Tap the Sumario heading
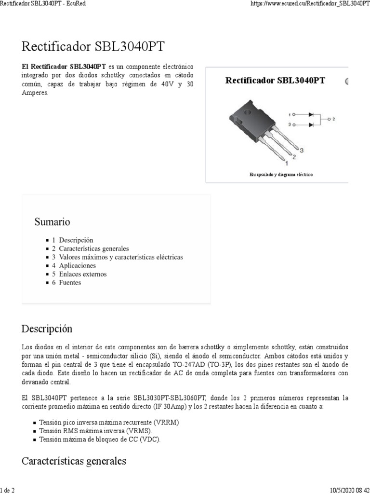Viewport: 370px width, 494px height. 52,222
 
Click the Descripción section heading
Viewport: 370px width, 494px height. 47,329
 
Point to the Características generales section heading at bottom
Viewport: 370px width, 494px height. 74,461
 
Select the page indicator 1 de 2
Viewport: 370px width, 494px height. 7,490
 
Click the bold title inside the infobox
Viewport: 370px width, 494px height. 275,81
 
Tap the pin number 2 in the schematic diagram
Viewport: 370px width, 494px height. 333,119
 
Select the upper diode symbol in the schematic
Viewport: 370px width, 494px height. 311,115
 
